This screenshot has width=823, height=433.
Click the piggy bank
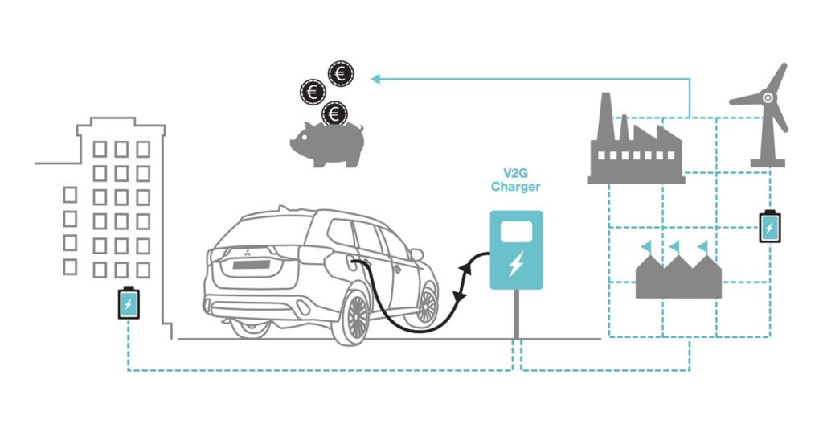click(x=326, y=145)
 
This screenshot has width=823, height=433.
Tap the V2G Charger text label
click(x=515, y=179)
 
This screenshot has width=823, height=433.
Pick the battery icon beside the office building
click(x=128, y=303)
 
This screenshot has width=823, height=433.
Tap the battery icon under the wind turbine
click(x=769, y=226)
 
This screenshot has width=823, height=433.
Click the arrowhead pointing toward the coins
click(x=376, y=78)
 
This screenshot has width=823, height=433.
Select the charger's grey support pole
click(x=516, y=315)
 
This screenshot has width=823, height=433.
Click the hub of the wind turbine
click(x=767, y=98)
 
